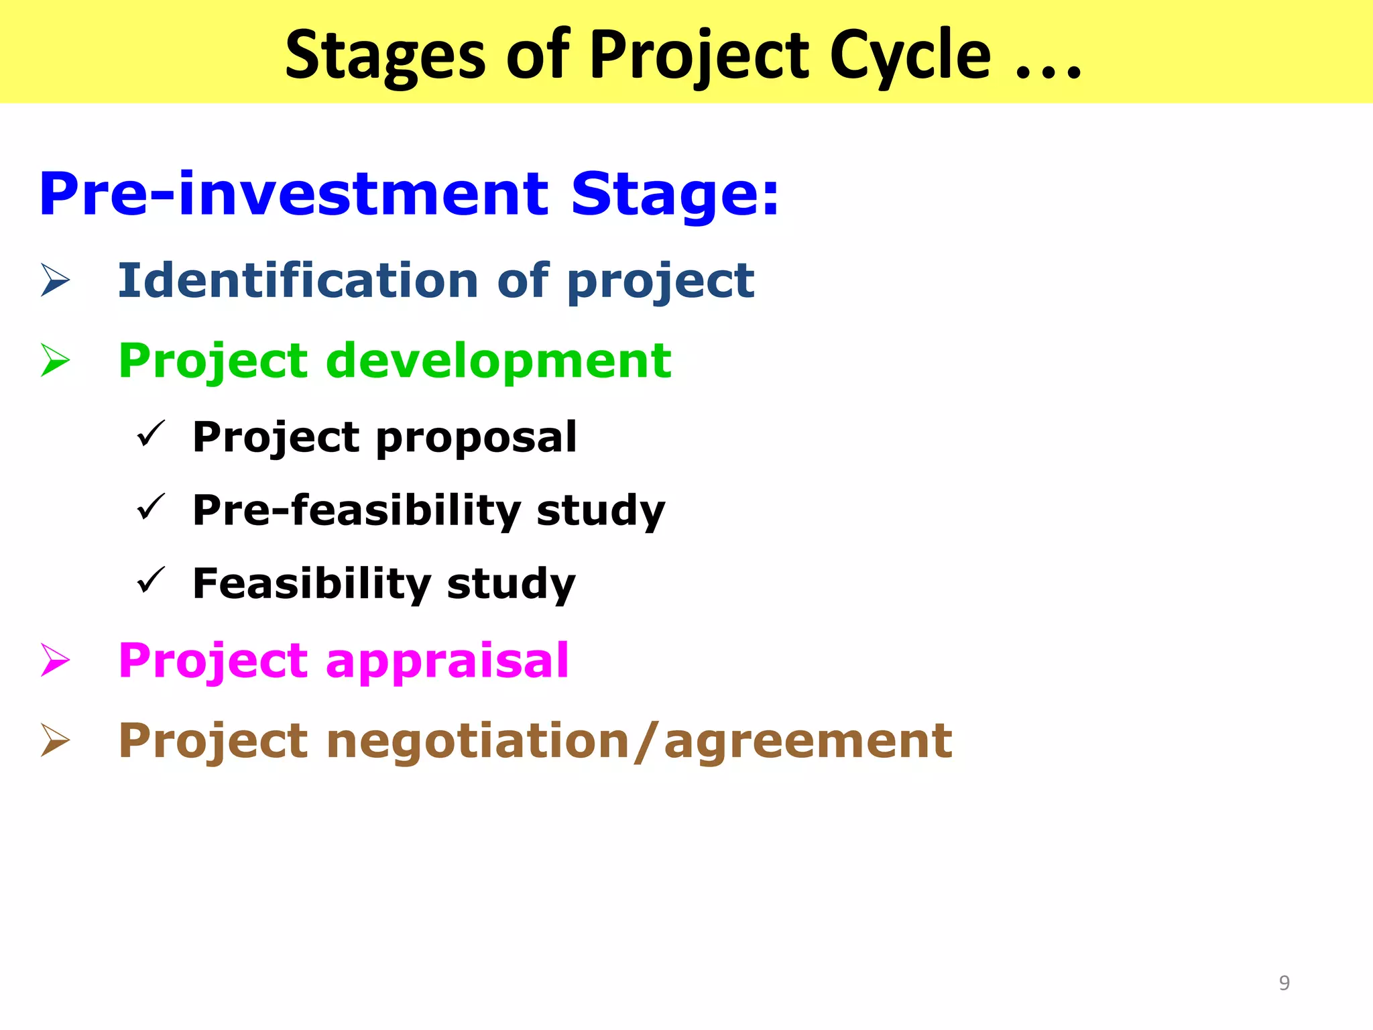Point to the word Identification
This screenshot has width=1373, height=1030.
(297, 280)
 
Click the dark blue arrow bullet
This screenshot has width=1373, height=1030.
(55, 280)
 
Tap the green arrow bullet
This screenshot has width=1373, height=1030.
(55, 360)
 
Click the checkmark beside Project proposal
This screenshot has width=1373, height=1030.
(150, 434)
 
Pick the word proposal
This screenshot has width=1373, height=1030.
(476, 438)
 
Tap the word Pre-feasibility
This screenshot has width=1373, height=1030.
(357, 510)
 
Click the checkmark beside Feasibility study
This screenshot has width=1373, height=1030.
(150, 580)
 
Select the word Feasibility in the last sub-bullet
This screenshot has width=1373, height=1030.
(312, 583)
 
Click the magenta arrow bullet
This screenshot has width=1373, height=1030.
(55, 660)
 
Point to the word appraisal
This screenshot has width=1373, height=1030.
(447, 661)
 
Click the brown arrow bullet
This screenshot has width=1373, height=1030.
(55, 740)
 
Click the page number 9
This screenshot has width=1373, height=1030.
(1284, 983)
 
